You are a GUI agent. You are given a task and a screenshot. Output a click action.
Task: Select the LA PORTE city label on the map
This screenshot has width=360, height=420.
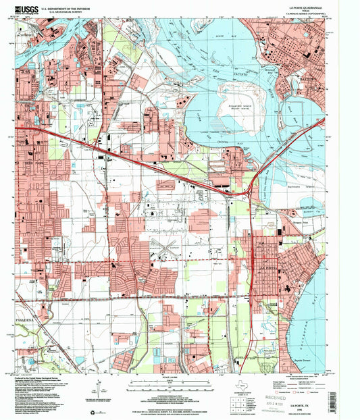(268, 268)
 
